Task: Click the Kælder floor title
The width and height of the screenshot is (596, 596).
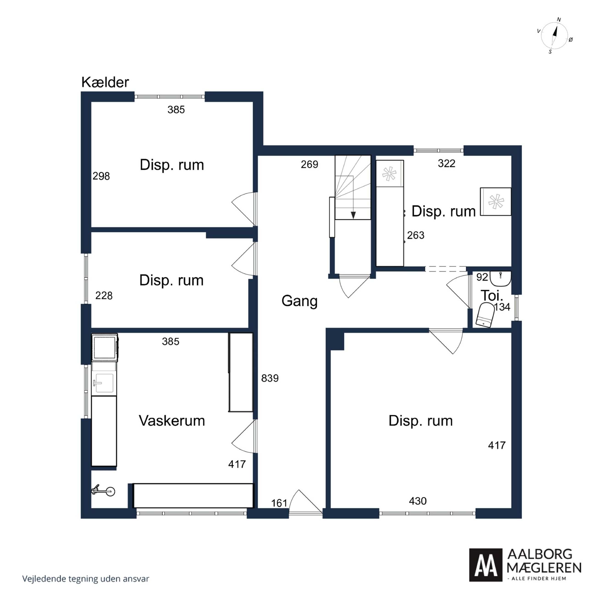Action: tap(105, 82)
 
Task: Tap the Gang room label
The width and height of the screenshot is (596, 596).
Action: tap(299, 301)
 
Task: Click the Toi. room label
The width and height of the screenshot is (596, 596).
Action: tap(492, 296)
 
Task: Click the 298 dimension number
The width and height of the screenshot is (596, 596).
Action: tap(101, 176)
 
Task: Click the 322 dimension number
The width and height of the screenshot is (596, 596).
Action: tap(446, 163)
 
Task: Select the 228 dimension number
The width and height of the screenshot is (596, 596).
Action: tap(104, 296)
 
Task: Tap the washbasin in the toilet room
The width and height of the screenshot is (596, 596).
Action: tap(500, 279)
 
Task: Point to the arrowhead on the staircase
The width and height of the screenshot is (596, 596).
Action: tap(353, 215)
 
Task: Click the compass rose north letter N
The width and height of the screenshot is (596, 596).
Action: tap(559, 20)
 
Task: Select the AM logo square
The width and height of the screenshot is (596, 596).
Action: tap(486, 565)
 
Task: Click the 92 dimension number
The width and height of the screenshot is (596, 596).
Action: tap(482, 277)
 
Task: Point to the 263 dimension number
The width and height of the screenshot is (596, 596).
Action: tap(416, 235)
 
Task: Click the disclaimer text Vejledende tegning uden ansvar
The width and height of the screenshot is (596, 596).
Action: tap(86, 579)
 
